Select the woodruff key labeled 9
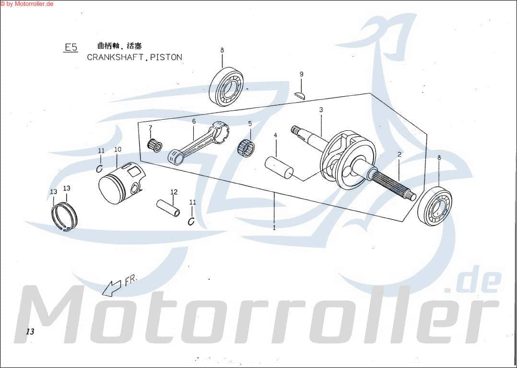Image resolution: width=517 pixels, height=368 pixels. (x=300, y=94)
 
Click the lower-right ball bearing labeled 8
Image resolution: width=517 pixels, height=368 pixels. (x=435, y=205)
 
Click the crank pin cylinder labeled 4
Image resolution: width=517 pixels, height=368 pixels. (x=279, y=166)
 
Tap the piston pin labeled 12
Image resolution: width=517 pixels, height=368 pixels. (x=168, y=208)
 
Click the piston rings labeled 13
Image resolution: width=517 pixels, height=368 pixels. (x=65, y=217)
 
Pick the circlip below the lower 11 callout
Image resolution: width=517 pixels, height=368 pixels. (x=191, y=220)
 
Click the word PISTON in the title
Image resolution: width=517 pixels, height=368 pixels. (x=166, y=57)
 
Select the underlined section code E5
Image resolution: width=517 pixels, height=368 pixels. (x=71, y=47)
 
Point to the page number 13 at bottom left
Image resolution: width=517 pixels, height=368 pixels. (x=30, y=332)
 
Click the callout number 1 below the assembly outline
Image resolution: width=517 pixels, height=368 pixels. (x=274, y=228)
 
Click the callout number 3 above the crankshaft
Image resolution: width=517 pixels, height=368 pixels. (x=321, y=110)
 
